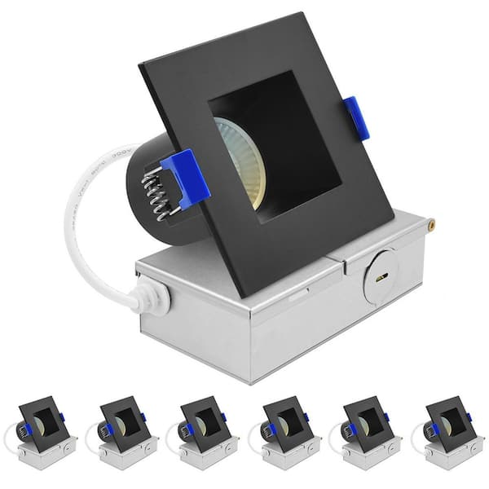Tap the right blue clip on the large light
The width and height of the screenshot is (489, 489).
pyautogui.click(x=354, y=117)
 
